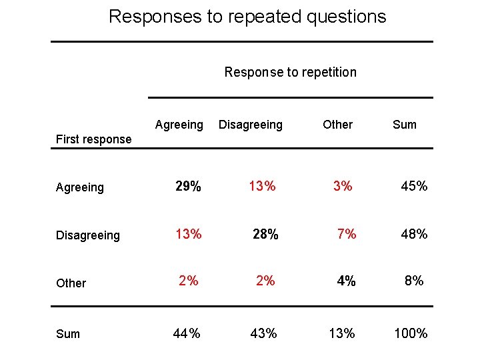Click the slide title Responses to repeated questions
tap(247, 17)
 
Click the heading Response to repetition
tap(290, 72)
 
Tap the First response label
tap(93, 139)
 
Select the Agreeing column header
tap(179, 125)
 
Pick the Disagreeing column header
tap(251, 125)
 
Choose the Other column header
tap(337, 125)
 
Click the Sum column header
tap(404, 125)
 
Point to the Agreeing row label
tap(80, 187)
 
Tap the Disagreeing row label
tap(88, 235)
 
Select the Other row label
tap(71, 283)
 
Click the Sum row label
tap(68, 334)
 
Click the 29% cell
tap(188, 187)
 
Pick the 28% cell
tap(265, 234)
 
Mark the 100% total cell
tap(411, 333)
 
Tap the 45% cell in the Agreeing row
tap(414, 187)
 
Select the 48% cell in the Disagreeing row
tap(414, 234)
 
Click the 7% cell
tap(347, 234)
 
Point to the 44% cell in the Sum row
tap(187, 333)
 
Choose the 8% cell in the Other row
tap(414, 281)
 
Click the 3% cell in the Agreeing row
tap(343, 187)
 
